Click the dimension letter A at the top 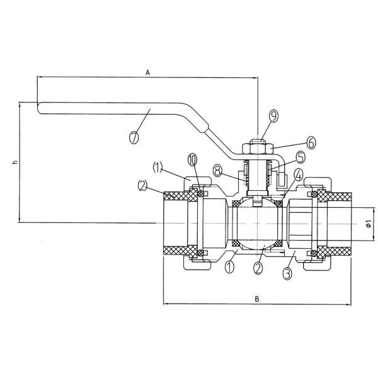pyautogui.click(x=147, y=72)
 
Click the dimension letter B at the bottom pyautogui.click(x=257, y=299)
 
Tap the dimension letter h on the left pyautogui.click(x=15, y=163)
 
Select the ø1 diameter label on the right pyautogui.click(x=368, y=224)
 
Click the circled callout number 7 pyautogui.click(x=134, y=137)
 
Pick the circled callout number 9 pyautogui.click(x=273, y=116)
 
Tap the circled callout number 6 pyautogui.click(x=311, y=142)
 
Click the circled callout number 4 pyautogui.click(x=298, y=175)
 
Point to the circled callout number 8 pyautogui.click(x=218, y=171)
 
